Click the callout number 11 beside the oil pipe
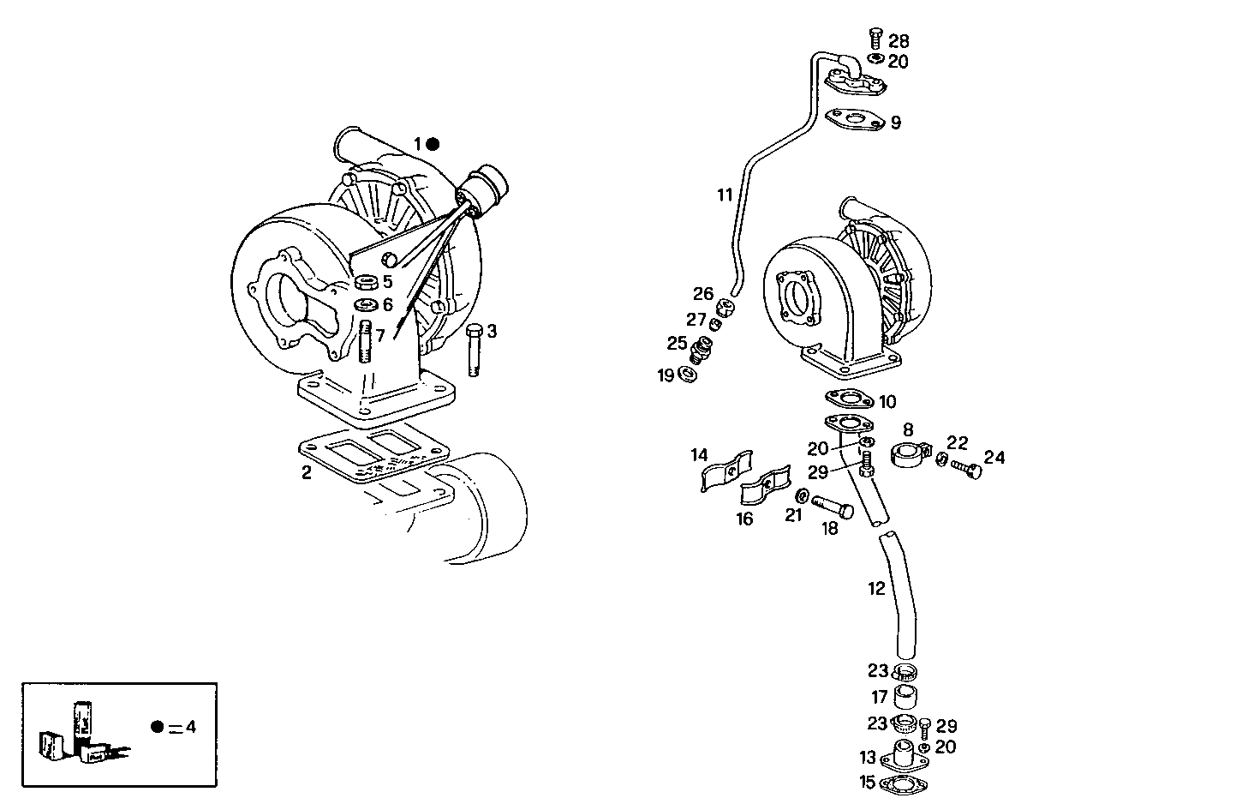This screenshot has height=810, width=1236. pyautogui.click(x=725, y=195)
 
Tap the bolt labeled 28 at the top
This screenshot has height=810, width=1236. pyautogui.click(x=875, y=36)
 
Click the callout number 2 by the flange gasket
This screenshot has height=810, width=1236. pyautogui.click(x=307, y=471)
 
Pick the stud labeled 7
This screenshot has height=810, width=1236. pyautogui.click(x=367, y=342)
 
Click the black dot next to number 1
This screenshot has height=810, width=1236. pyautogui.click(x=433, y=144)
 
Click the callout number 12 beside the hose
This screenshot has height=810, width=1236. pyautogui.click(x=875, y=589)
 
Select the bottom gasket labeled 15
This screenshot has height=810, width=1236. pyautogui.click(x=906, y=783)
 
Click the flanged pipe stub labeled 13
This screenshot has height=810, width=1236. pyautogui.click(x=906, y=756)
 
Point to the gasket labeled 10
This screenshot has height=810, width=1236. pyautogui.click(x=848, y=399)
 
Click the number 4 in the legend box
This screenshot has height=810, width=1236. pyautogui.click(x=190, y=727)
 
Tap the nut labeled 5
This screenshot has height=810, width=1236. pyautogui.click(x=367, y=283)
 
